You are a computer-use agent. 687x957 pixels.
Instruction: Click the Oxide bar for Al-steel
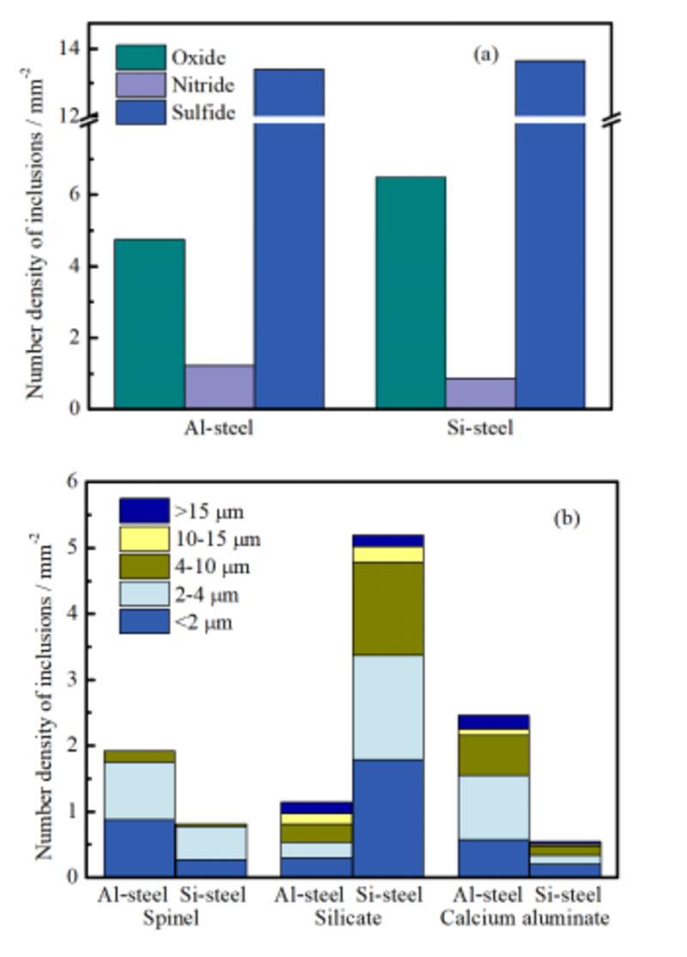(x=149, y=323)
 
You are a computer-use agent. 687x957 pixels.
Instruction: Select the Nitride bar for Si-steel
(x=480, y=392)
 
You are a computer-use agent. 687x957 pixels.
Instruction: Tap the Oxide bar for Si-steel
(x=410, y=292)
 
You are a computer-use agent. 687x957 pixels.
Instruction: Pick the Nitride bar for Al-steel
(x=219, y=385)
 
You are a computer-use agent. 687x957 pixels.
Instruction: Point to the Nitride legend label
(x=203, y=85)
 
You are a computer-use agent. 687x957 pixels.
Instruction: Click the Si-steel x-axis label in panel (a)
(x=480, y=427)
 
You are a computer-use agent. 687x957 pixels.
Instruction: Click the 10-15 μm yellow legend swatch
(x=143, y=539)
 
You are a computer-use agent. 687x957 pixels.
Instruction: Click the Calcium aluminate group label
(x=526, y=918)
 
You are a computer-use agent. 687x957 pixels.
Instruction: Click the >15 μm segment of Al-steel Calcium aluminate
(x=493, y=721)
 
